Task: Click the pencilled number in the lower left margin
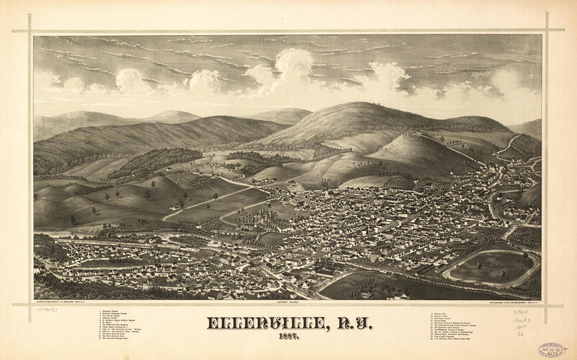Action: [x=47, y=310]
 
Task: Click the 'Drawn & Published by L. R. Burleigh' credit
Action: [x=57, y=303]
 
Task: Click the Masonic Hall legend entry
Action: [x=440, y=314]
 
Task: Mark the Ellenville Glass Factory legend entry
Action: [x=447, y=327]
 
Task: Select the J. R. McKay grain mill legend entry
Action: [x=452, y=338]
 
